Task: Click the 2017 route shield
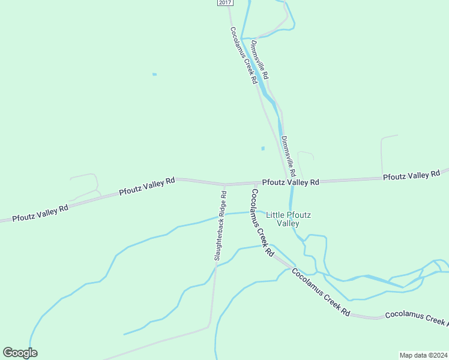pos(224,3)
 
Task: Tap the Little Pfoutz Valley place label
pos(283,219)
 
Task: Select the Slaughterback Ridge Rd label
pos(220,226)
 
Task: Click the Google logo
pos(20,353)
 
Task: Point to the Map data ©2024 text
pos(423,355)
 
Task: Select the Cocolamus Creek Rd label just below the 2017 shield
pos(244,55)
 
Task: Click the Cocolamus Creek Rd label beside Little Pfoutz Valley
pos(262,223)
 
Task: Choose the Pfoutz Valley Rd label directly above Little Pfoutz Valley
pos(291,182)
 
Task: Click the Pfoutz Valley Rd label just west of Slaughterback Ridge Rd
pos(146,186)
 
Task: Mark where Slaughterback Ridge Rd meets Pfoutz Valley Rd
pos(224,185)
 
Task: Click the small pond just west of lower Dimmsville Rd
pos(262,148)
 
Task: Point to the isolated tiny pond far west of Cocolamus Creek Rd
pos(154,74)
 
